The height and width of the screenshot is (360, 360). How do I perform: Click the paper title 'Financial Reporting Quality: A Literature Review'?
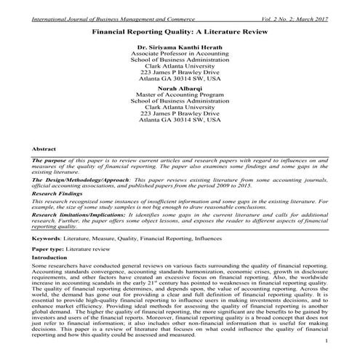pyautogui.click(x=179, y=33)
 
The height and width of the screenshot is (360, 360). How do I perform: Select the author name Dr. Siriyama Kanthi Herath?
pyautogui.click(x=179, y=47)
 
